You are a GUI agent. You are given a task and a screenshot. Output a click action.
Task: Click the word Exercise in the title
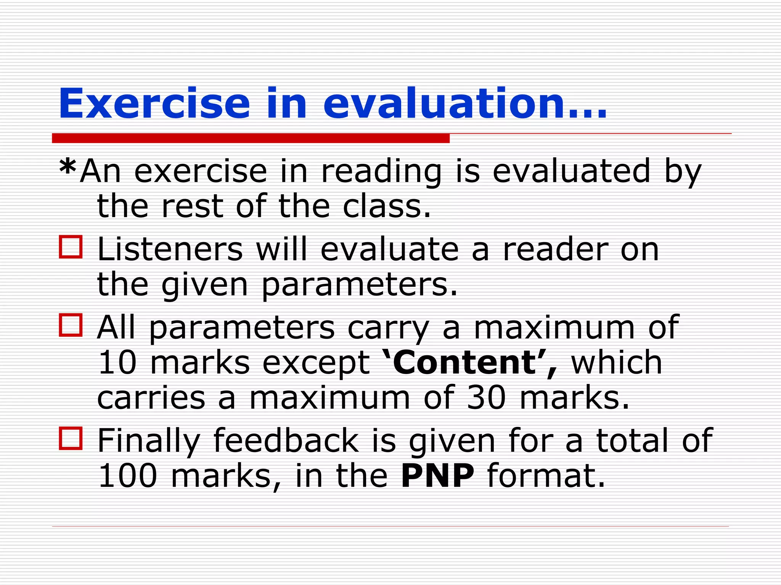coord(154,104)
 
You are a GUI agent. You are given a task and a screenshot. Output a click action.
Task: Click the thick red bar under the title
coord(251,138)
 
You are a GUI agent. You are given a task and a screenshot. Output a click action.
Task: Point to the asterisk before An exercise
coord(68,168)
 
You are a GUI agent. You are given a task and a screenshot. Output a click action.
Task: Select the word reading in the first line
coord(381,172)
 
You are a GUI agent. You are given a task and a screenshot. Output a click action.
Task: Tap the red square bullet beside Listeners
coord(71,247)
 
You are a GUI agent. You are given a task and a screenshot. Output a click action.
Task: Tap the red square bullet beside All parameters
coord(71,325)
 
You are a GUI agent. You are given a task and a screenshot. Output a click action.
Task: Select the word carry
coord(388,328)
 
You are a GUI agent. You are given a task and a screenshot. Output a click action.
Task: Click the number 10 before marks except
coord(117,363)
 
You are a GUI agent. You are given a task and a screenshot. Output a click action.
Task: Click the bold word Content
coord(464,363)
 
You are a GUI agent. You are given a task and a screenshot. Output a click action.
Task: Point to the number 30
coord(486,398)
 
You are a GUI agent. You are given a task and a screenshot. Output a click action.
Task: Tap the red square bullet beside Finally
coord(71,438)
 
